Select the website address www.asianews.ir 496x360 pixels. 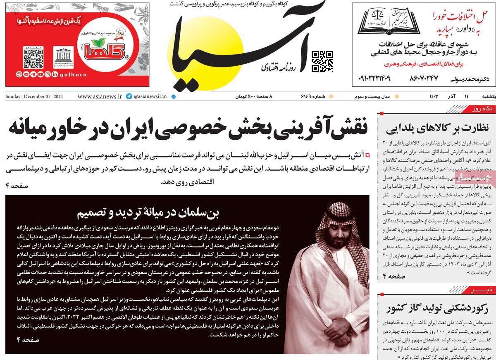(100, 96)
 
